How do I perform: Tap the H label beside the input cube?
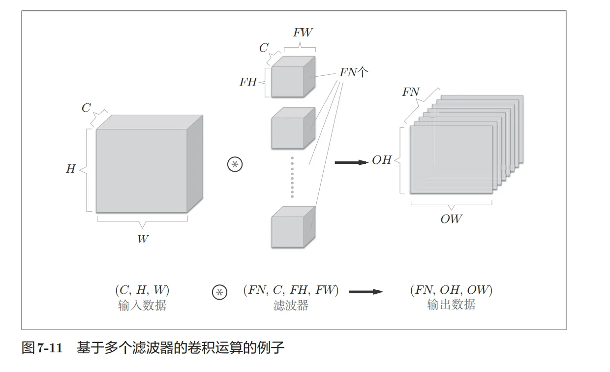click(x=71, y=169)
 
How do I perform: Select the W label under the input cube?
click(x=143, y=239)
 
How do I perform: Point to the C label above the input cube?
click(x=86, y=108)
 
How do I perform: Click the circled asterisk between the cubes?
click(x=235, y=164)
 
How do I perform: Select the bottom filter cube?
click(x=291, y=227)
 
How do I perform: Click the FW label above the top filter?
click(x=303, y=33)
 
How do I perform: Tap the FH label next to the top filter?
click(x=248, y=82)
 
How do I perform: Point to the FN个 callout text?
click(x=354, y=72)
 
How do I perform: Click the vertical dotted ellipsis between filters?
click(x=292, y=177)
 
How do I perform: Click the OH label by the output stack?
click(x=382, y=160)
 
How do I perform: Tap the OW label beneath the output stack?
click(x=451, y=219)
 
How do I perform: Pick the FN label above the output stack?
click(x=411, y=92)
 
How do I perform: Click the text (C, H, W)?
click(x=142, y=290)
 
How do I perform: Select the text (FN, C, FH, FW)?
click(x=291, y=290)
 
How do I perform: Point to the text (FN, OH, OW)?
click(x=451, y=290)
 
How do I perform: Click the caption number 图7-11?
click(x=42, y=348)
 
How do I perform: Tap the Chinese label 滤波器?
click(x=291, y=305)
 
